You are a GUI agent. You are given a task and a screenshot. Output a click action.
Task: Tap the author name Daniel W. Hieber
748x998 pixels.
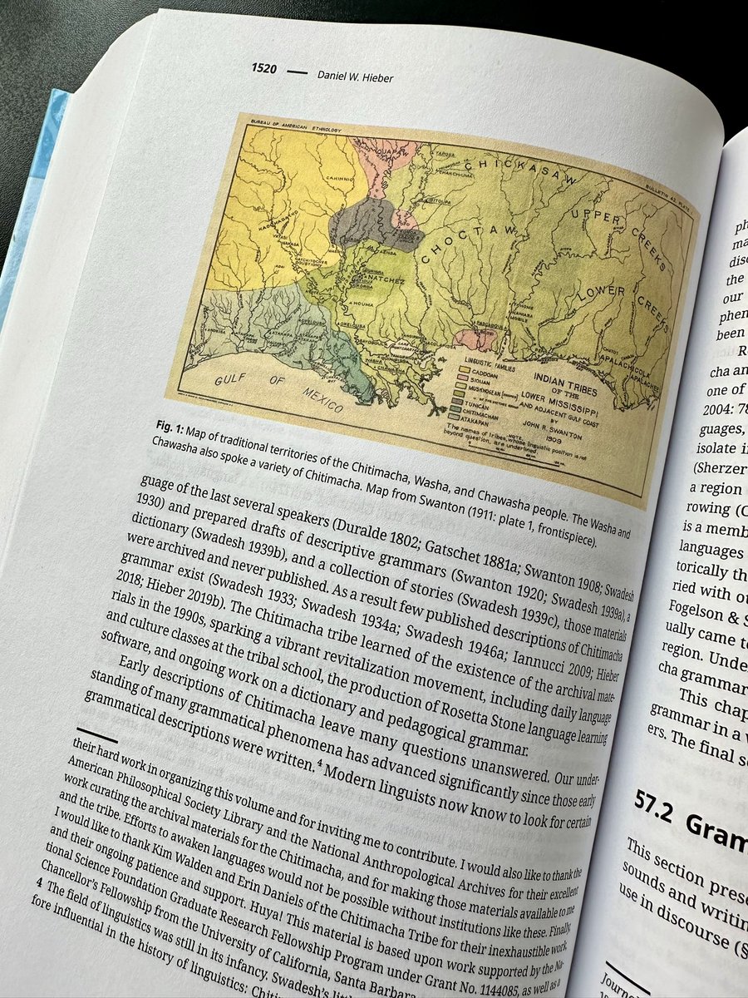(x=354, y=77)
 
